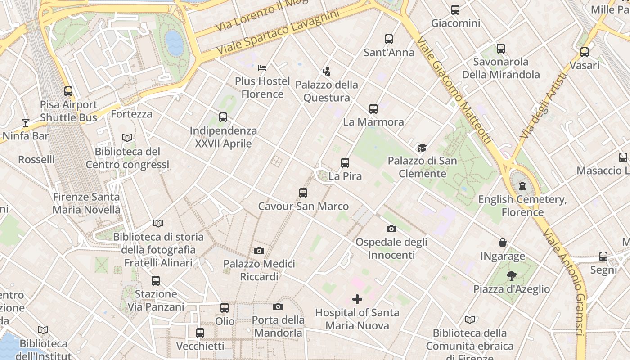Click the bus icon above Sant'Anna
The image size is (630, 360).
[389, 39]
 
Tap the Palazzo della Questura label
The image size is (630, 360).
[327, 91]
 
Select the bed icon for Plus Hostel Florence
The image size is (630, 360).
[262, 68]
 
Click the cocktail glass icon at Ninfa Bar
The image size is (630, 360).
[26, 122]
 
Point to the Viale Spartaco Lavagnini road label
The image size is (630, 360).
[278, 33]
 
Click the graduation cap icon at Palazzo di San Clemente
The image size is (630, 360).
[422, 148]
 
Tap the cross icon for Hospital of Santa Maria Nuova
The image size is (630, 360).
[357, 299]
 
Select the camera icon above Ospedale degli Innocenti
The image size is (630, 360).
[391, 229]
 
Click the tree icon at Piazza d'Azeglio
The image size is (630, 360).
[511, 276]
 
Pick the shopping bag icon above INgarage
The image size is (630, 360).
[503, 243]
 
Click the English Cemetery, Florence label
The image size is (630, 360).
[522, 206]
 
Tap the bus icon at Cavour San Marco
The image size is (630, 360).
[303, 193]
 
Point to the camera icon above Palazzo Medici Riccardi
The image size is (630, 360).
[259, 251]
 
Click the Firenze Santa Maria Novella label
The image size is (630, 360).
[86, 203]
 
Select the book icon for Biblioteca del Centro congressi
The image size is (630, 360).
[127, 138]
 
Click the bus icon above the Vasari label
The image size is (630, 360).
[585, 52]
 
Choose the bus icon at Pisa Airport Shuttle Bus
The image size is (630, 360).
[68, 91]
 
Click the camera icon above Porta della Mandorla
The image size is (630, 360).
[278, 307]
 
